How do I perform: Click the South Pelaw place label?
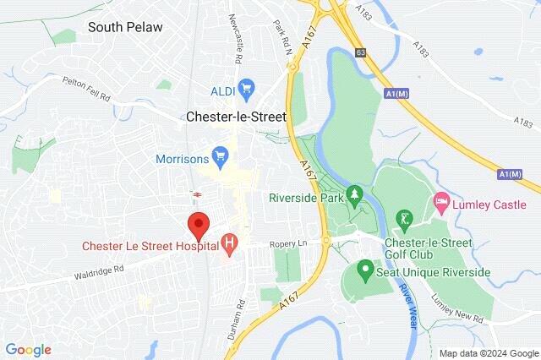[x=125, y=27]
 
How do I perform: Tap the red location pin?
[x=199, y=226]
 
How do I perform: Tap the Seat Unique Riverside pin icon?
[x=365, y=271]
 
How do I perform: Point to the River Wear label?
[x=406, y=295]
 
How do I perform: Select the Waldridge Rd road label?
[x=99, y=270]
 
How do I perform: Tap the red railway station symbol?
[x=196, y=195]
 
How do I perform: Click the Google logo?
[x=28, y=349]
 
